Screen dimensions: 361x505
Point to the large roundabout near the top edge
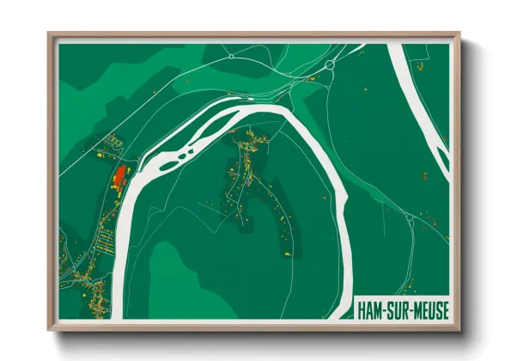click(x=330, y=64)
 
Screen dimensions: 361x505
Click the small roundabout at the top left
click(x=231, y=56)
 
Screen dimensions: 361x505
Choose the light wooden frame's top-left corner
click(x=50, y=35)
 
